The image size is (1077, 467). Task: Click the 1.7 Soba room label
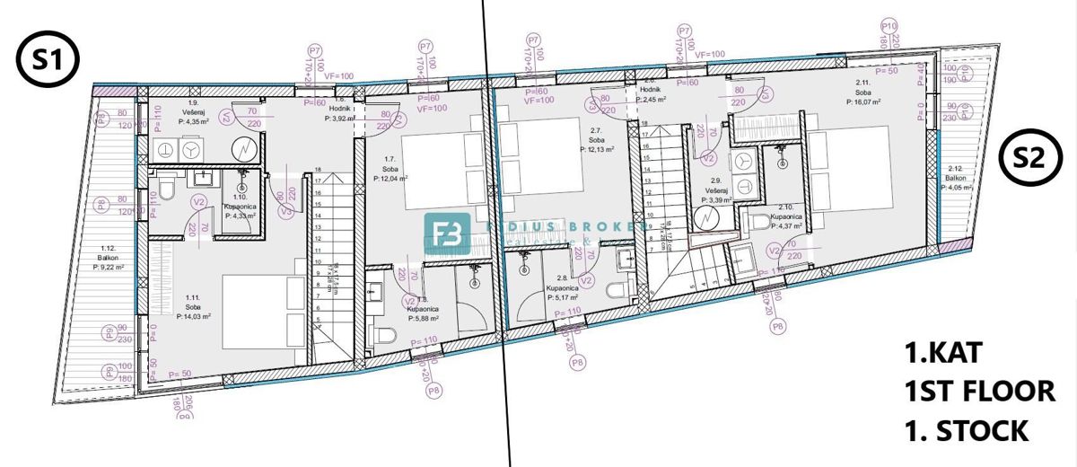pyautogui.click(x=390, y=170)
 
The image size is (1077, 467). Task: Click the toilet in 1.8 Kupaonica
pyautogui.click(x=384, y=336)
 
